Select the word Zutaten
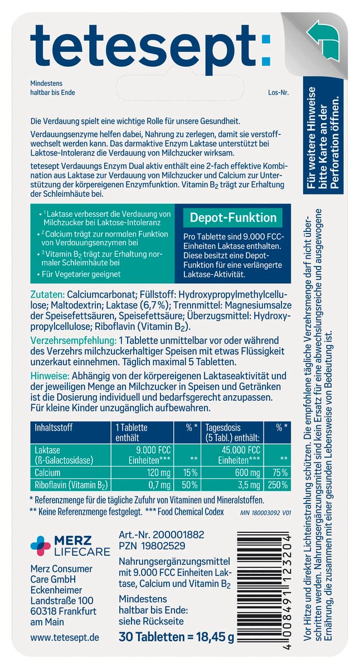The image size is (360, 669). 47,294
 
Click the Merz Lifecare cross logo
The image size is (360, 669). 40,545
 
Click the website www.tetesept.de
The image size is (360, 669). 64,636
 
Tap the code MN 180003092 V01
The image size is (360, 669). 265,512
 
